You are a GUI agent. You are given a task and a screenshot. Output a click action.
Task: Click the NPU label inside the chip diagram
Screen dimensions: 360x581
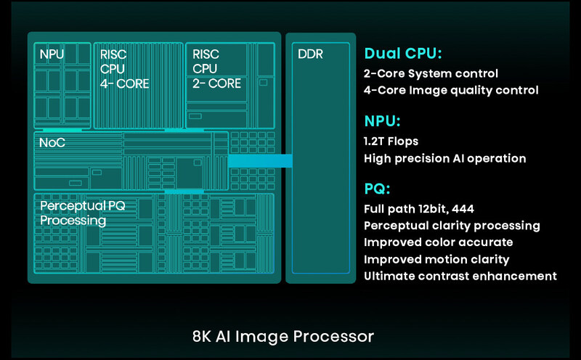[51, 54]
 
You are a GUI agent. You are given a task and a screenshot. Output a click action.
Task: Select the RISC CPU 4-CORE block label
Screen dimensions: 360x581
[124, 69]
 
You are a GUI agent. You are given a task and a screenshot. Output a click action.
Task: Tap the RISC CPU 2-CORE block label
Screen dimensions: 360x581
[216, 69]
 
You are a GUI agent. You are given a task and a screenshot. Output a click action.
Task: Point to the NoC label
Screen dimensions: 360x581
[52, 142]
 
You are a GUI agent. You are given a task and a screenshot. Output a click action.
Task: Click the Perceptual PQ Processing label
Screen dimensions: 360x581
[82, 213]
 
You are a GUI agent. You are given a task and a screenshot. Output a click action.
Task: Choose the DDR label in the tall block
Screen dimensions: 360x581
[310, 54]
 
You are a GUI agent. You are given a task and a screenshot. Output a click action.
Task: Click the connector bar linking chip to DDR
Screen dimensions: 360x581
[260, 160]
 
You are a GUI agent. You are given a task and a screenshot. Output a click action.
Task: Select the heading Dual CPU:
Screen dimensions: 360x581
[403, 54]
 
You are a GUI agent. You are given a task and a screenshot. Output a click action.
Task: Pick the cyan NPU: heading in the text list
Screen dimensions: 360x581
[382, 121]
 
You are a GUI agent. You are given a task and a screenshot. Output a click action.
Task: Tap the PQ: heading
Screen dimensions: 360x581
[377, 189]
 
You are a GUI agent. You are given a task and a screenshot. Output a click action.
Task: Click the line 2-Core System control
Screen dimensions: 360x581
[431, 73]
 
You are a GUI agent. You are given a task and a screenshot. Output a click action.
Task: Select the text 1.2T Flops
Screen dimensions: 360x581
[391, 141]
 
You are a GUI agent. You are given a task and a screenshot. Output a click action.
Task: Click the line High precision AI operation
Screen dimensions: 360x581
[444, 158]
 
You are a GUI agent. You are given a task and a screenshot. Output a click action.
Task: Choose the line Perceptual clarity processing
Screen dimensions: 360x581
[452, 226]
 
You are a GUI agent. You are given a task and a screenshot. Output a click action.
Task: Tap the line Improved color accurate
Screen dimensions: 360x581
[438, 242]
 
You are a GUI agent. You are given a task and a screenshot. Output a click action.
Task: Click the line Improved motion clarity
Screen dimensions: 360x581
[436, 259]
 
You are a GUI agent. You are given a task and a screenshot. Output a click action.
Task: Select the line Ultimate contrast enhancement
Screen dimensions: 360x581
[460, 276]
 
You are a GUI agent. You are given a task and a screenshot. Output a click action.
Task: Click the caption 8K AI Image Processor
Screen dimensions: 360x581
[283, 337]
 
